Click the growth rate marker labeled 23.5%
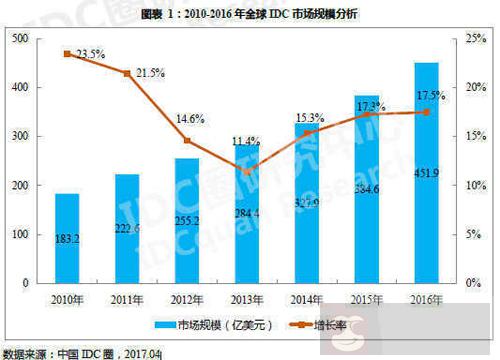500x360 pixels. click(67, 53)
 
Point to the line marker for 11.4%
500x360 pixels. click(247, 171)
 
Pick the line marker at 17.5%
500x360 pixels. click(427, 112)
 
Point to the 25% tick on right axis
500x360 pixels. click(478, 38)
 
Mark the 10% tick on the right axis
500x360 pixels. click(478, 185)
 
